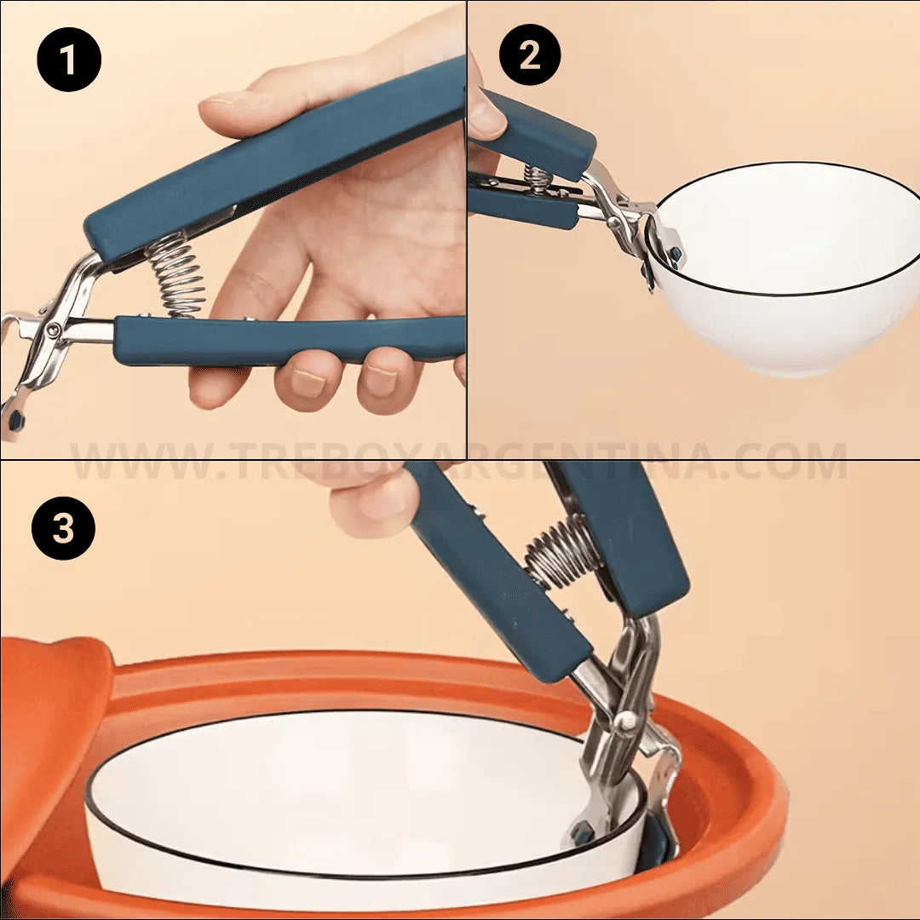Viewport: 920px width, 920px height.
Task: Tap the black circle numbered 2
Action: point(530,55)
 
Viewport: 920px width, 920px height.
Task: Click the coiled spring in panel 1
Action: point(176,275)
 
